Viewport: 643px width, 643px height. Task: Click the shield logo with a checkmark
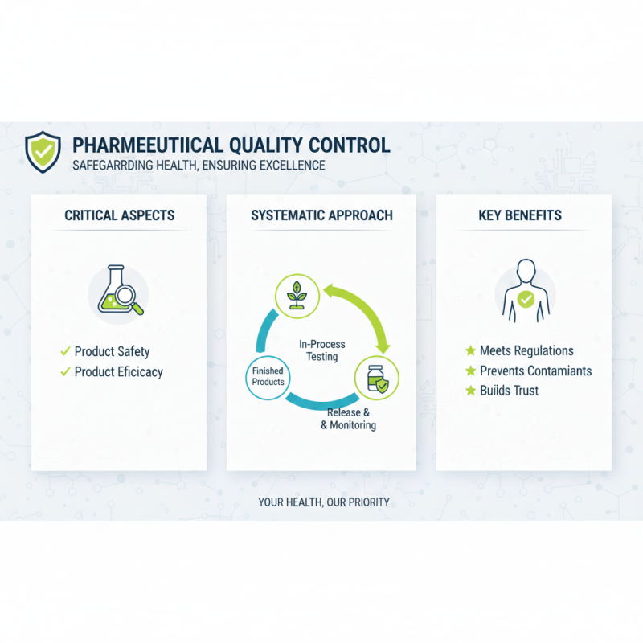(42, 152)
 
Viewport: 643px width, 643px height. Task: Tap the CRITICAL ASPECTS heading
(119, 215)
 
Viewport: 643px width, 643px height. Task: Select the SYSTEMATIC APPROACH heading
(321, 215)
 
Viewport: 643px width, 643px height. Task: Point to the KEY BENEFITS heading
(520, 215)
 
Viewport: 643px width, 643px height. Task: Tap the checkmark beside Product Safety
(65, 351)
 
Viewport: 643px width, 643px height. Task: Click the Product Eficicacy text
(118, 372)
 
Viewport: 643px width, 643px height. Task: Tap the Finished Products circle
(268, 376)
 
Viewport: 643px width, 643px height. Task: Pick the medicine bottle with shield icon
(376, 376)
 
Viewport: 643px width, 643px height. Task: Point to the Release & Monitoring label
(348, 419)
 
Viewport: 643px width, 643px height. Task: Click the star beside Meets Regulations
(470, 351)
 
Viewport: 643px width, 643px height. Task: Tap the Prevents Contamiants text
(535, 371)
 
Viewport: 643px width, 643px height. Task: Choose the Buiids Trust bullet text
(509, 391)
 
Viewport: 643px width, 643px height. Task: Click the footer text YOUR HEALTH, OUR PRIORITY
(324, 502)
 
